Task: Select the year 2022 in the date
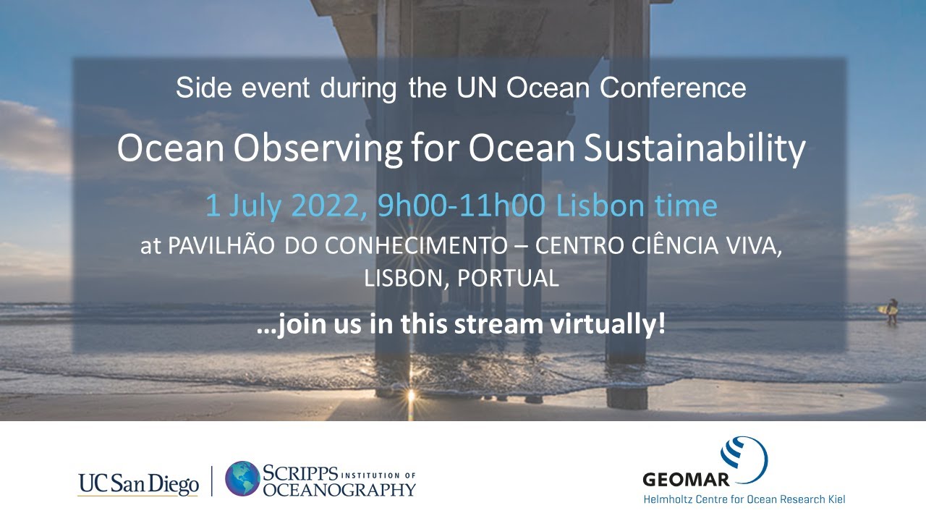point(329,206)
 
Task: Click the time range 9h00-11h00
point(462,206)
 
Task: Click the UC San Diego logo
point(138,483)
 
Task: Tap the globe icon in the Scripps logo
point(242,478)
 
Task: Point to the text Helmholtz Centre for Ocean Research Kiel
point(744,499)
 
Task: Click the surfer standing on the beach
point(892,310)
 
